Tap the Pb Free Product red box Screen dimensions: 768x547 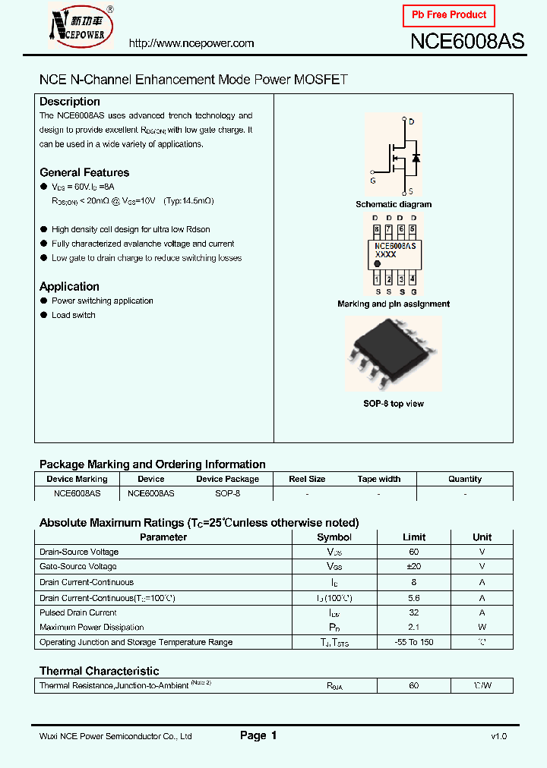448,15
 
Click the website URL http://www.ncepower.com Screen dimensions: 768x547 191,43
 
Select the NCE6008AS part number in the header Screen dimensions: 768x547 466,41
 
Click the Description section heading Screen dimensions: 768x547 70,102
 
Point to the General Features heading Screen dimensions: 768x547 84,172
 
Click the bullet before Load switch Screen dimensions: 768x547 43,316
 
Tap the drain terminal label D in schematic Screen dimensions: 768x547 412,122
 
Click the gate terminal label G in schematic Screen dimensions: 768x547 372,181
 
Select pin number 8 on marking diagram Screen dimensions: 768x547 376,229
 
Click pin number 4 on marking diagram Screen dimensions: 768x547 413,279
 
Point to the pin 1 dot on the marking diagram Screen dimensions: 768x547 378,264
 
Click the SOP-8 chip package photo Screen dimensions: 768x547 393,351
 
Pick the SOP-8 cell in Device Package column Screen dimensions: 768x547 227,493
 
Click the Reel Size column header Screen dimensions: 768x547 307,479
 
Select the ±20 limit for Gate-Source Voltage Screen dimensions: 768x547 413,567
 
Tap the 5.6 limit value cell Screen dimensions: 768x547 413,597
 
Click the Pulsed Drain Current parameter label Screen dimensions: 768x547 78,612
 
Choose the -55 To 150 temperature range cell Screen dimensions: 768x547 413,642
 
